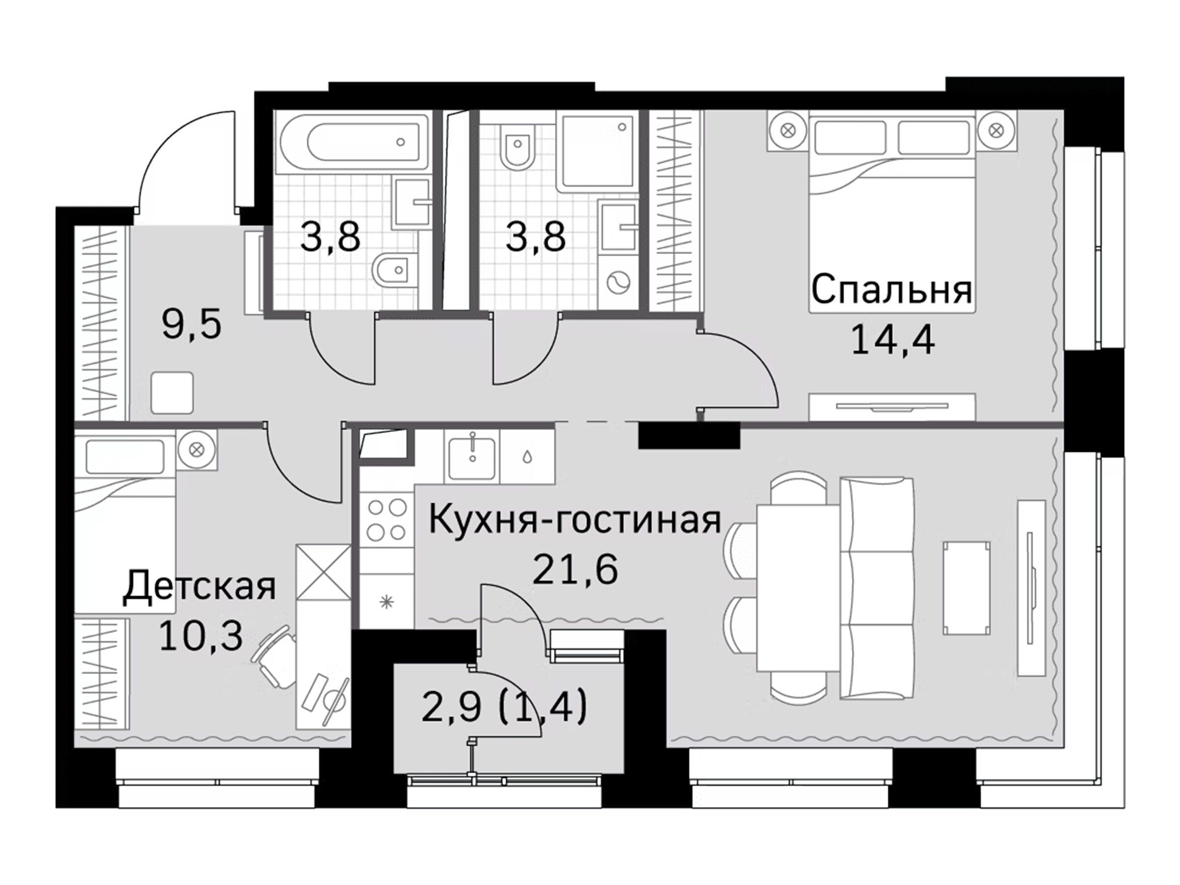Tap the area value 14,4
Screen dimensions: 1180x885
point(892,340)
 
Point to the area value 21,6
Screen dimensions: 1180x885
point(575,570)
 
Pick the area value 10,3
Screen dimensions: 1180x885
point(201,636)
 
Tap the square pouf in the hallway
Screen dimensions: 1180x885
point(172,393)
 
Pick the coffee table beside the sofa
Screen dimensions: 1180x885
point(967,589)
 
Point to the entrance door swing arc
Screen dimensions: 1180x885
point(184,160)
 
